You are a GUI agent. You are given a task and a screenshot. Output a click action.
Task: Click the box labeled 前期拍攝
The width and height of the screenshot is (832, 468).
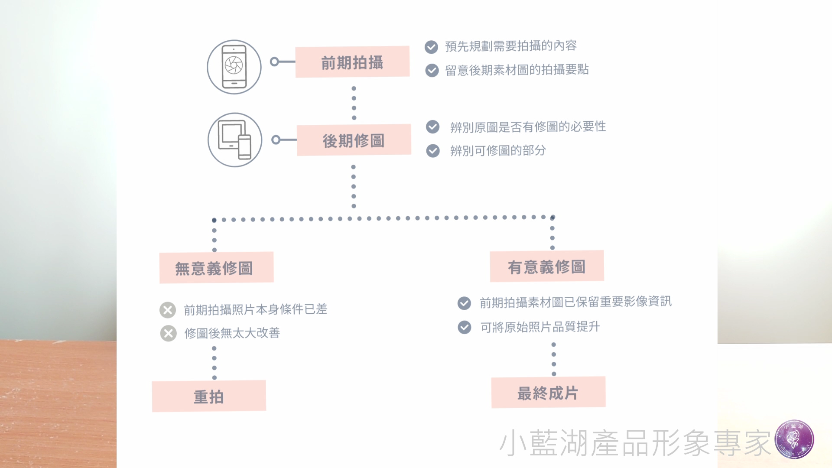pyautogui.click(x=352, y=62)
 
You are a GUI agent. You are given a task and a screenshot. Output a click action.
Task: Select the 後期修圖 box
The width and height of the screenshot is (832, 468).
pyautogui.click(x=354, y=140)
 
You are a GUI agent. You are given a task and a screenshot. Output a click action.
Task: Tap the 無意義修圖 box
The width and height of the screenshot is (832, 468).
pyautogui.click(x=216, y=268)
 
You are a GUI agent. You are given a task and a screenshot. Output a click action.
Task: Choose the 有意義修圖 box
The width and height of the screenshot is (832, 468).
pyautogui.click(x=547, y=266)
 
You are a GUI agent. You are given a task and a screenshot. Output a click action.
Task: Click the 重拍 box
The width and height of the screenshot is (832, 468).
pyautogui.click(x=209, y=396)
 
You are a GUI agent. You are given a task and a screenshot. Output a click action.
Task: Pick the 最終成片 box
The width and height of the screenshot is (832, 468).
pyautogui.click(x=548, y=393)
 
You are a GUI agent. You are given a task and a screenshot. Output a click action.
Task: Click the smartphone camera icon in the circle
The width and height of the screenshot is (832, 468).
pyautogui.click(x=234, y=67)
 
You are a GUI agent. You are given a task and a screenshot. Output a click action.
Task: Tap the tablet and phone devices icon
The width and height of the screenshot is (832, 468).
pyautogui.click(x=235, y=140)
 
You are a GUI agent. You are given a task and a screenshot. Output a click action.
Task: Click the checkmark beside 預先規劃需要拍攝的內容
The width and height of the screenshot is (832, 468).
pyautogui.click(x=431, y=47)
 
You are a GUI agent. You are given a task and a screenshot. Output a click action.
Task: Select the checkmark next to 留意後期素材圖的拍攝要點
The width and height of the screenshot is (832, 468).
pyautogui.click(x=432, y=70)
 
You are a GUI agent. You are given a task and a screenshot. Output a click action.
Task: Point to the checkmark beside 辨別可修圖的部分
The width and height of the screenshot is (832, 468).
pyautogui.click(x=433, y=151)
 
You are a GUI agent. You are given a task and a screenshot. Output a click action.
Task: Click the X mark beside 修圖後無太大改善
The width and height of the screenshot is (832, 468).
pyautogui.click(x=168, y=333)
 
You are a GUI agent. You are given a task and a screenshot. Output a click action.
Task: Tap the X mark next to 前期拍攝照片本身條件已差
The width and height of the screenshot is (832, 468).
pyautogui.click(x=168, y=310)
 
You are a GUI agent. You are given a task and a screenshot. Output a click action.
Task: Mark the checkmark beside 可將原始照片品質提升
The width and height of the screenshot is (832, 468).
pyautogui.click(x=465, y=327)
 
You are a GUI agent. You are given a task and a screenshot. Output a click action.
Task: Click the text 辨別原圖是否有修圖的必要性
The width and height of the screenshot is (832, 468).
pyautogui.click(x=528, y=127)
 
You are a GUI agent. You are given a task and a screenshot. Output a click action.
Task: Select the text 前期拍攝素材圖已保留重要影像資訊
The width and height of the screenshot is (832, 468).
pyautogui.click(x=575, y=302)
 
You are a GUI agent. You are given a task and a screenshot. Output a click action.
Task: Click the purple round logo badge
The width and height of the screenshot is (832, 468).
pyautogui.click(x=794, y=439)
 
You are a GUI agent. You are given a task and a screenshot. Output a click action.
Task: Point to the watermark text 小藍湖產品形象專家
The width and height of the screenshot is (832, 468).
pyautogui.click(x=635, y=443)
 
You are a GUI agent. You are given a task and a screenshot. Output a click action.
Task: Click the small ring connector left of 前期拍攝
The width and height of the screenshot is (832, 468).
pyautogui.click(x=274, y=62)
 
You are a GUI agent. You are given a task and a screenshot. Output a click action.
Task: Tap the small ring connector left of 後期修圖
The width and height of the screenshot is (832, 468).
pyautogui.click(x=276, y=140)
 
